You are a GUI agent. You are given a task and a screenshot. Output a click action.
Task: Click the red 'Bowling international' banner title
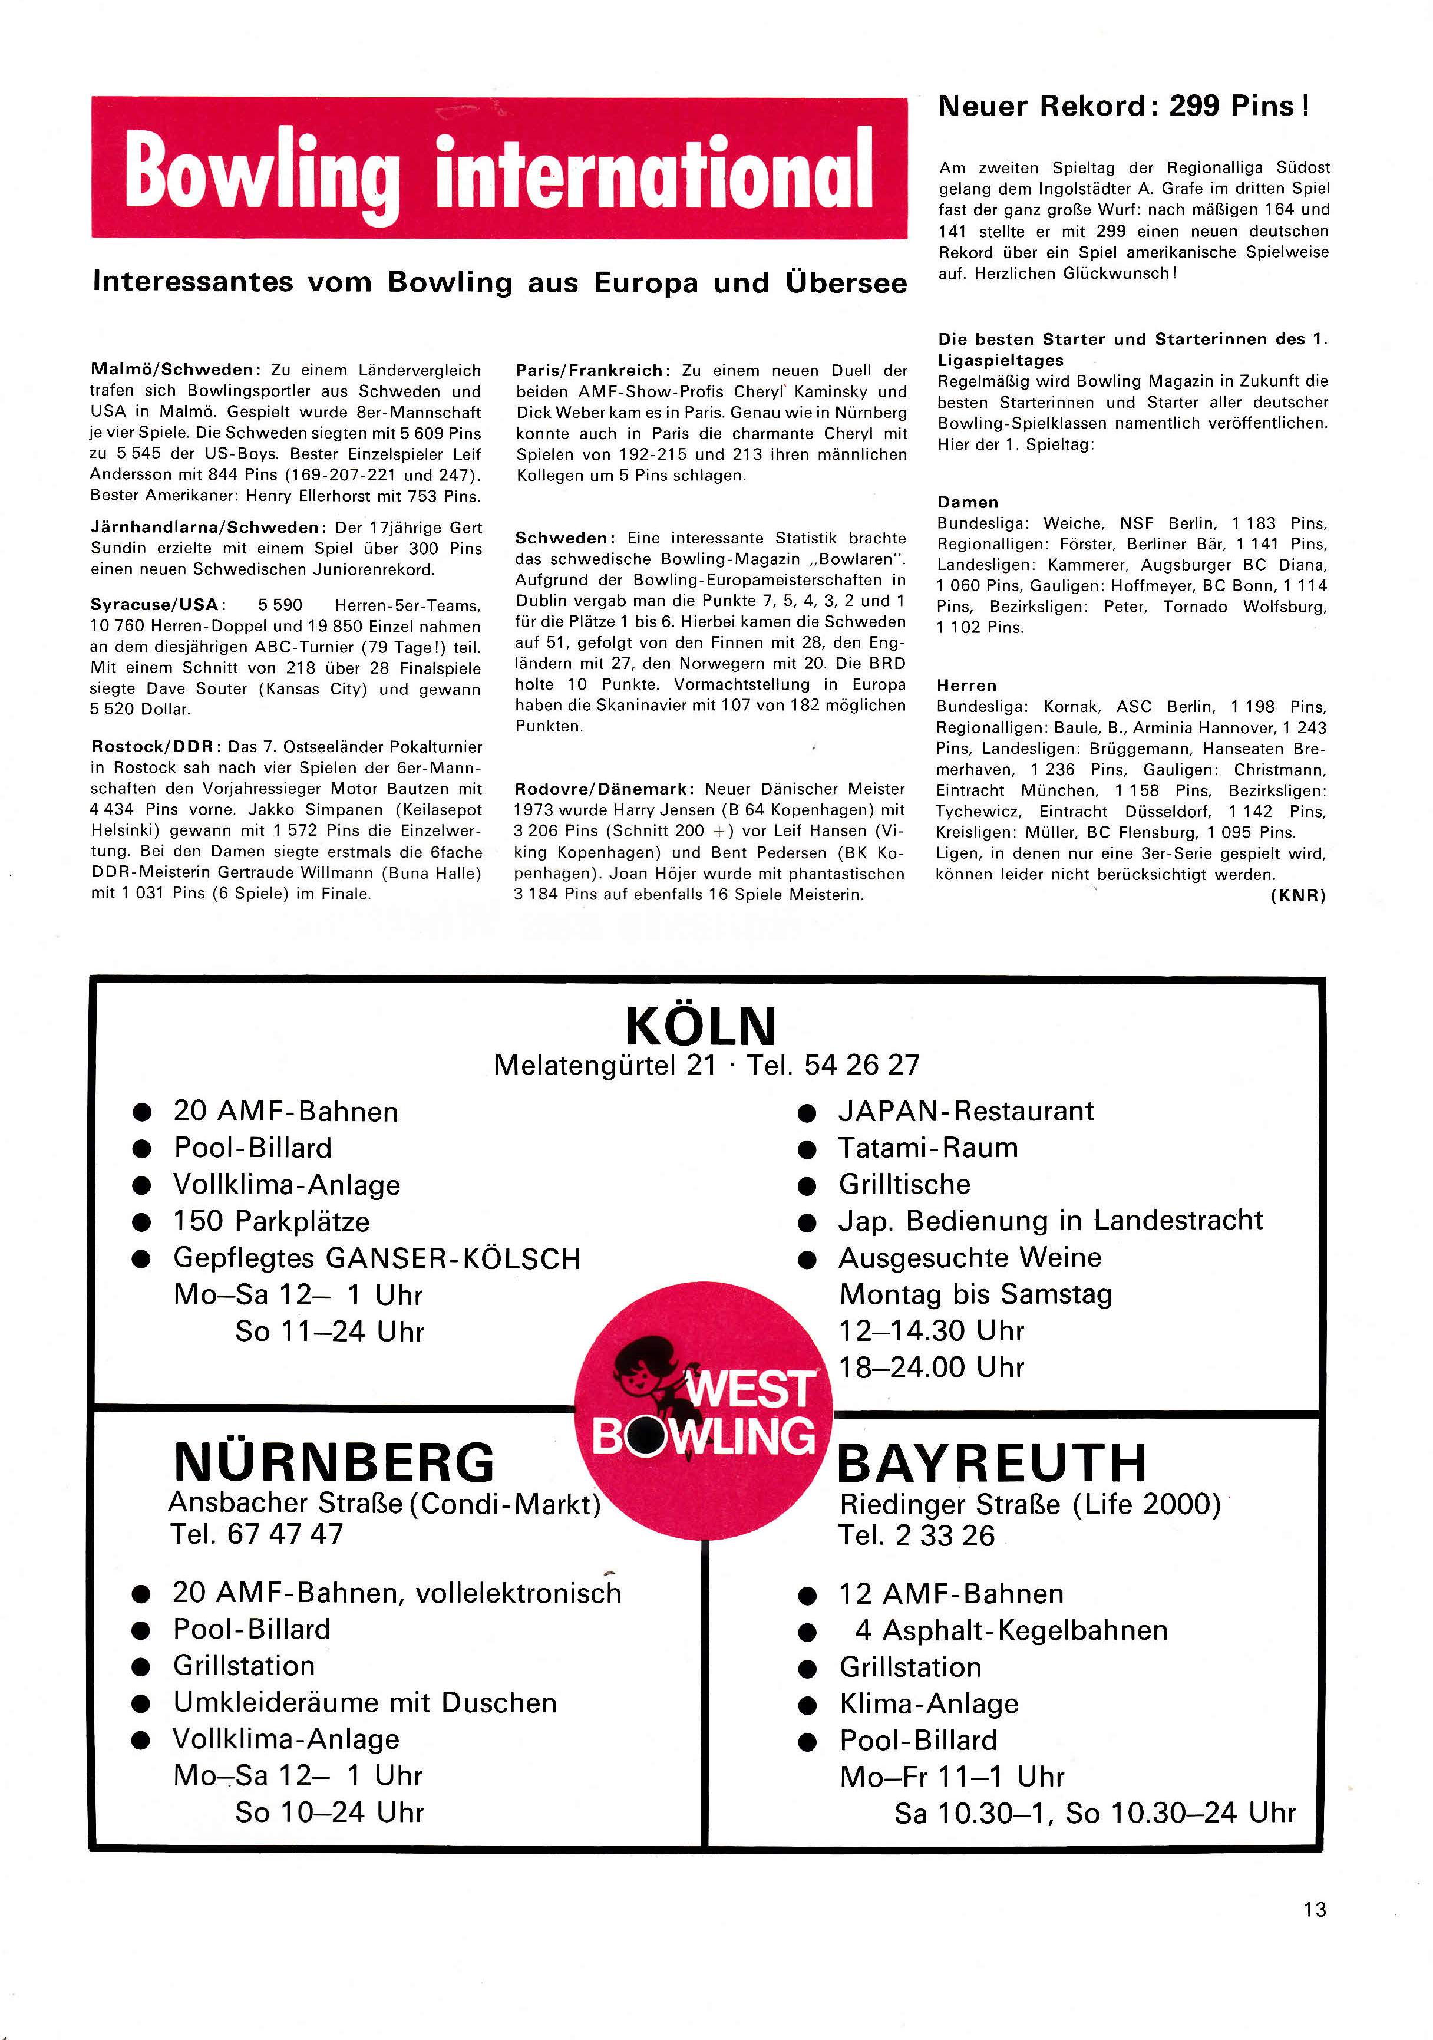(x=498, y=169)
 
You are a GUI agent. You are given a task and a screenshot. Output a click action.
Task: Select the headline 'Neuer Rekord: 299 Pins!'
(x=1123, y=107)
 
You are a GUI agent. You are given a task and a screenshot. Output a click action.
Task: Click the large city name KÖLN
(x=701, y=1027)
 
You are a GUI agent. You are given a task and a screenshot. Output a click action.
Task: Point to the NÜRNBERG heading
(x=334, y=1462)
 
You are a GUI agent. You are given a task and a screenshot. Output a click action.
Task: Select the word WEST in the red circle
(x=749, y=1390)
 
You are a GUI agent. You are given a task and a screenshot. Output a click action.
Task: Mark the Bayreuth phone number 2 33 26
(x=945, y=1536)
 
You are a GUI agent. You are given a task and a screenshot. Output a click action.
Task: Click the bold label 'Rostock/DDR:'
(x=156, y=747)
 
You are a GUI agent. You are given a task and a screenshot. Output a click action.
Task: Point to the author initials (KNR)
(x=1298, y=895)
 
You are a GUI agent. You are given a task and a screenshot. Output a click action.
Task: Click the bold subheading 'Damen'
(x=968, y=502)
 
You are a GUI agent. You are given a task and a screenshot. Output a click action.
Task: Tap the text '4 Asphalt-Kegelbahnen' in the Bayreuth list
(x=1011, y=1630)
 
